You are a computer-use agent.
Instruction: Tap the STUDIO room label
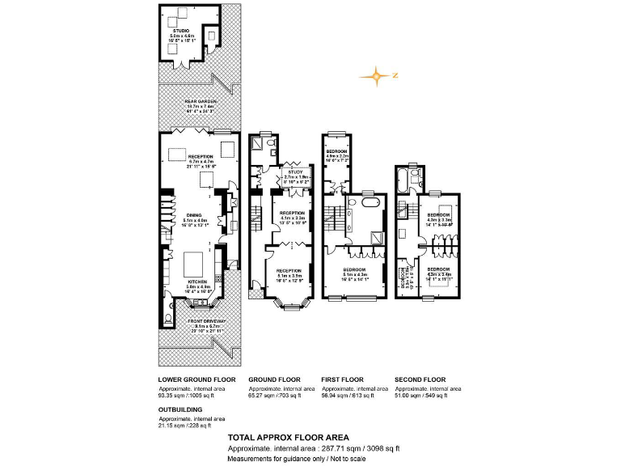pyautogui.click(x=181, y=31)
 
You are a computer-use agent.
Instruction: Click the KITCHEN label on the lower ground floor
pyautogui.click(x=197, y=282)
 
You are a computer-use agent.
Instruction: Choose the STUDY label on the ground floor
pyautogui.click(x=295, y=172)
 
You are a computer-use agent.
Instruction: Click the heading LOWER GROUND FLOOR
pyautogui.click(x=197, y=379)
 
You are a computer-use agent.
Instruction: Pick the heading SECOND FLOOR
pyautogui.click(x=420, y=379)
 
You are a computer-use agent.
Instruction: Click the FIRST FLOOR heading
pyautogui.click(x=342, y=379)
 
